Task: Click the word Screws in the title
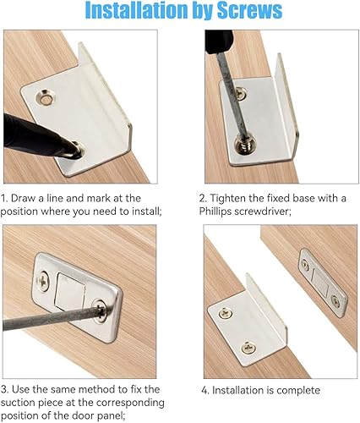pyautogui.click(x=249, y=10)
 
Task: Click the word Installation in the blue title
pyautogui.click(x=137, y=10)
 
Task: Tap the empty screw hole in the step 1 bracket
pyautogui.click(x=46, y=98)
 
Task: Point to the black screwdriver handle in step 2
pyautogui.click(x=219, y=41)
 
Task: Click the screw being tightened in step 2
pyautogui.click(x=246, y=144)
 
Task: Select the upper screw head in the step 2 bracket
pyautogui.click(x=240, y=93)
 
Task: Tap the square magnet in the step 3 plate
pyautogui.click(x=70, y=292)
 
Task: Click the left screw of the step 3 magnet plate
pyautogui.click(x=44, y=281)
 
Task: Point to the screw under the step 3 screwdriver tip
pyautogui.click(x=100, y=310)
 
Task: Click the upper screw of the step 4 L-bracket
pyautogui.click(x=226, y=312)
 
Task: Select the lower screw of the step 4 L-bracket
pyautogui.click(x=248, y=348)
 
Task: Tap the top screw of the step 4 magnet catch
pyautogui.click(x=305, y=263)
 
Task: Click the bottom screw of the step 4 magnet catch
pyautogui.click(x=335, y=301)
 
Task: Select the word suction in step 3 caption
pyautogui.click(x=18, y=403)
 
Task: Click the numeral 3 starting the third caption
pyautogui.click(x=4, y=389)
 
